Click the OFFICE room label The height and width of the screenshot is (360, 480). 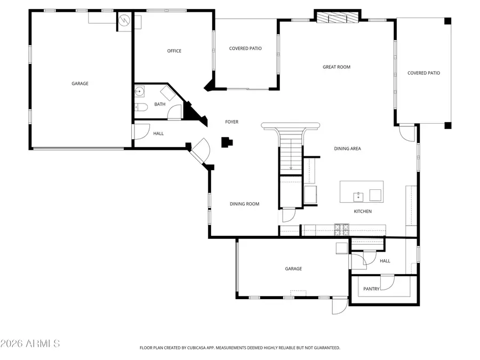[x=174, y=51]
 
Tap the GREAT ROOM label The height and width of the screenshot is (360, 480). [x=336, y=67]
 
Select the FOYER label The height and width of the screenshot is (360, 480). [x=231, y=122]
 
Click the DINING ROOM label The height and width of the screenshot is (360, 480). [x=244, y=204]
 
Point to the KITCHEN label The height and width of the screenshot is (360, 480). [x=363, y=212]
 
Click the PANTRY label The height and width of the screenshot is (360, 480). [x=371, y=289]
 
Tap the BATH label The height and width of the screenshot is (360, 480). [x=159, y=105]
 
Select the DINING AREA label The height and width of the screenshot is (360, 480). [x=347, y=149]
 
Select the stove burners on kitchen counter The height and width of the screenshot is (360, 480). [x=341, y=229]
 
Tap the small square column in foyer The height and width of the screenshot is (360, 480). [x=227, y=142]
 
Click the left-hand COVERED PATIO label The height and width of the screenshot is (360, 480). [x=245, y=49]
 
